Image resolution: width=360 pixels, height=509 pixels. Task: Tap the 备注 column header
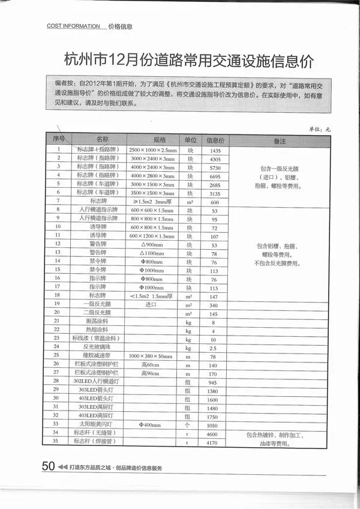pyautogui.click(x=279, y=141)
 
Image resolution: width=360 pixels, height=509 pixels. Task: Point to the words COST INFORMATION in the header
pyautogui.click(x=73, y=26)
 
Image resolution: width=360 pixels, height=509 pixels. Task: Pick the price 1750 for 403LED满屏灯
pyautogui.click(x=212, y=417)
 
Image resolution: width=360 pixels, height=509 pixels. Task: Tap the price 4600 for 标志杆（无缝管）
pyautogui.click(x=212, y=433)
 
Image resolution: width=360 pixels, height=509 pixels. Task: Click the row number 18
pyautogui.click(x=58, y=295)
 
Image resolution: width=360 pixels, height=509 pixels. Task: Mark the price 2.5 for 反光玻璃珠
pyautogui.click(x=212, y=348)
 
